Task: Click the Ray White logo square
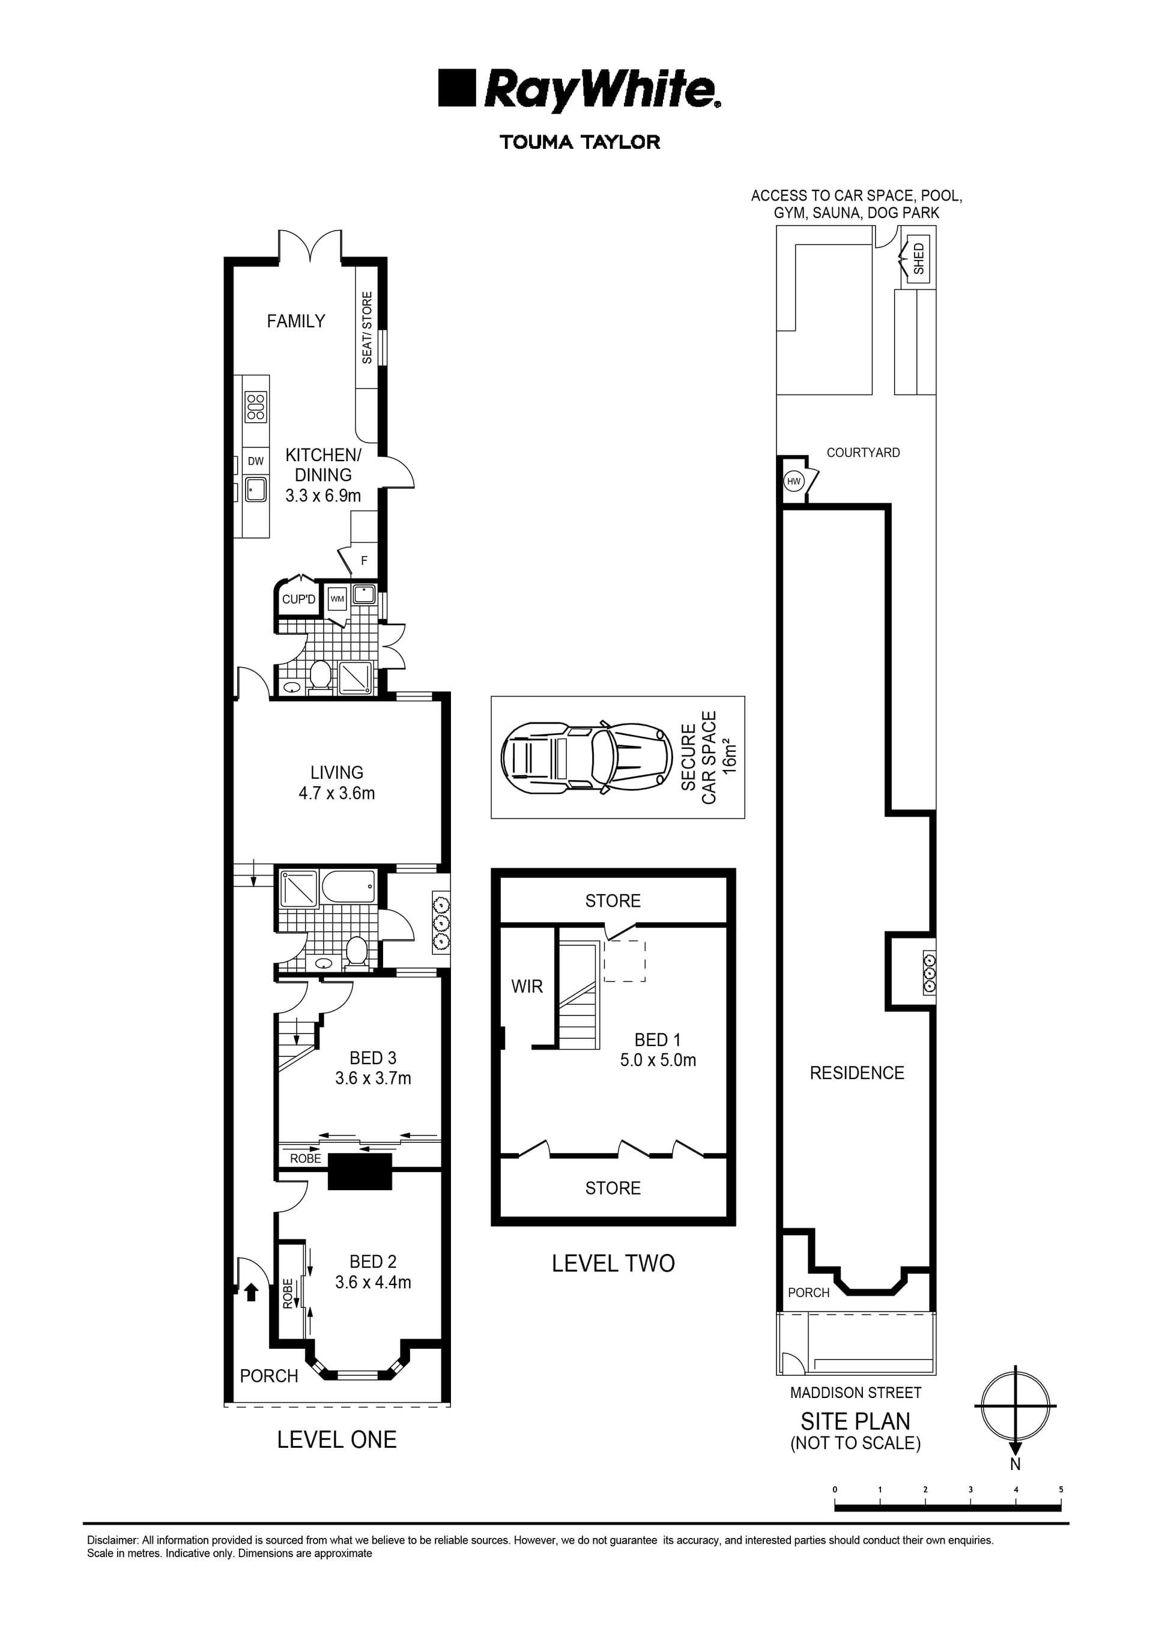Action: coord(456,88)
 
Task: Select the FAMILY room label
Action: coord(295,321)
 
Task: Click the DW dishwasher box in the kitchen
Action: coord(256,461)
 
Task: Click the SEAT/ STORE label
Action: coord(366,327)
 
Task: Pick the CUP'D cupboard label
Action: coord(298,599)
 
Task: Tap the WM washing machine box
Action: coord(337,599)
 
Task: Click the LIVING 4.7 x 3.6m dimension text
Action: coord(337,793)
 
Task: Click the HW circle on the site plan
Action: coord(793,481)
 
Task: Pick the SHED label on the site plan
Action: coord(919,259)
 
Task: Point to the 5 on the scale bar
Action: coord(1061,1490)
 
